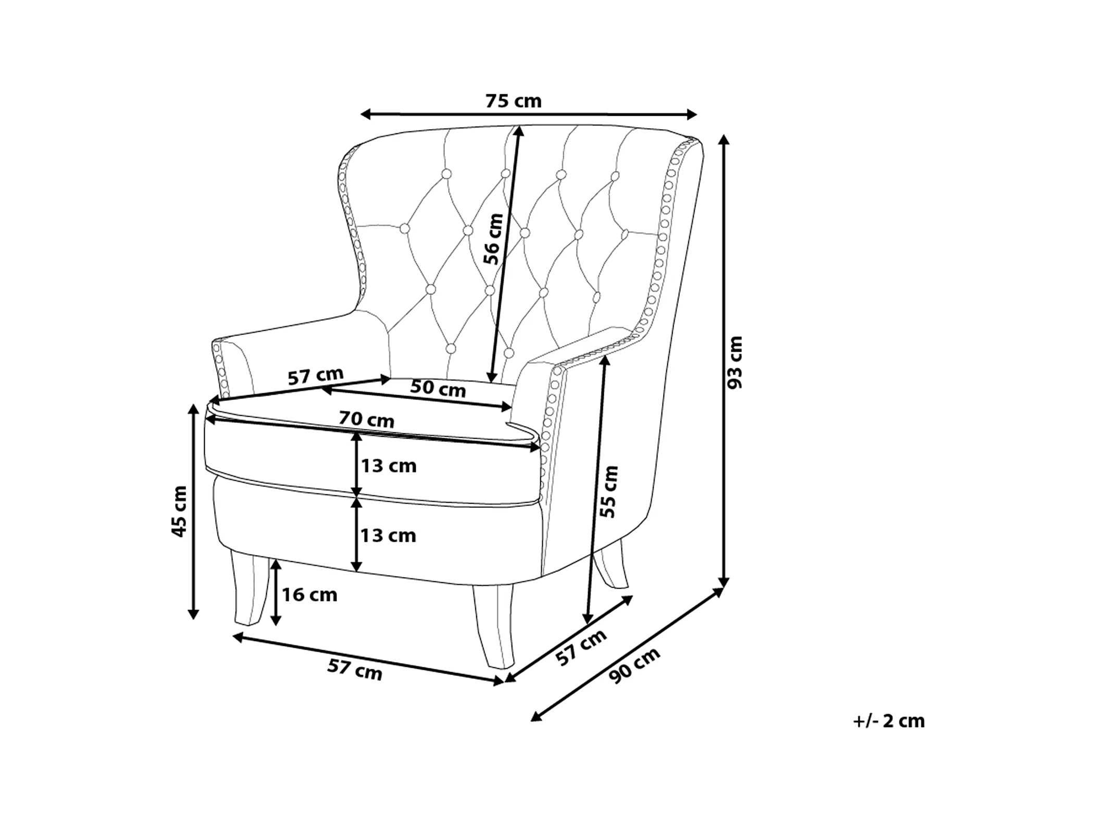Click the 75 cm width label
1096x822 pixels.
point(513,101)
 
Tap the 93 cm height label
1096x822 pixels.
point(735,362)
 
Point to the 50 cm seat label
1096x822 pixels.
point(438,388)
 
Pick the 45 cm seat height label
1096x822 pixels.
point(179,511)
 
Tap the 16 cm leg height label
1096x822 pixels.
point(309,594)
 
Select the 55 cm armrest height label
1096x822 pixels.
point(608,492)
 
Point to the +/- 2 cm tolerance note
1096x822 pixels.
point(889,721)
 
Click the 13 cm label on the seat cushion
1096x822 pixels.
point(389,466)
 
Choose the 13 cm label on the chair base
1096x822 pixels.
point(389,535)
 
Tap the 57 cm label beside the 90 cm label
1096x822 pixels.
point(581,647)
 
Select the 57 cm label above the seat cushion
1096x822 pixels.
point(316,375)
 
